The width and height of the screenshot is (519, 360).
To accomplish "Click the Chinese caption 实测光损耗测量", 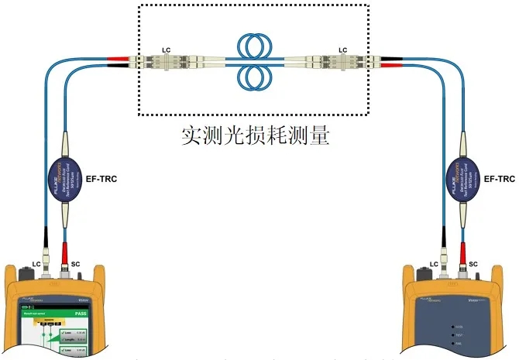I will [256, 138].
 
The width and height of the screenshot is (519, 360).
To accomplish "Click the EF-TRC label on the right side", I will [499, 179].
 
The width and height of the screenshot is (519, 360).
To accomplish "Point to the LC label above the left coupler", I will [166, 50].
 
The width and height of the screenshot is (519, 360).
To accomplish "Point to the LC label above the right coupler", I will [343, 50].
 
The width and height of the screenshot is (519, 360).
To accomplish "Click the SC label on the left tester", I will [75, 265].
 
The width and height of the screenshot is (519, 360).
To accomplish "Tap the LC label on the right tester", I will [434, 265].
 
